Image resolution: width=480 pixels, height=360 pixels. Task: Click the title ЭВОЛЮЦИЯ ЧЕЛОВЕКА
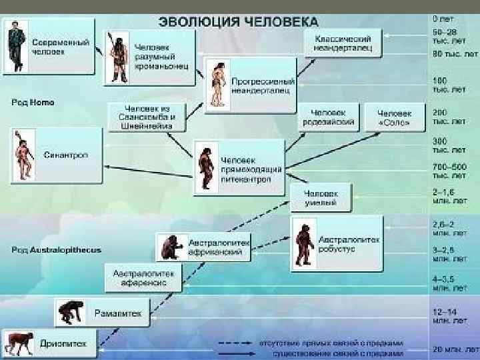(x=238, y=21)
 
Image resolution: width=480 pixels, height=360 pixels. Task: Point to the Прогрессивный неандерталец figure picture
(x=217, y=83)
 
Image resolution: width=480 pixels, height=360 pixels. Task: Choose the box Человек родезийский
(x=329, y=117)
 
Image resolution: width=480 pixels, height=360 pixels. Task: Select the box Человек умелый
(x=319, y=197)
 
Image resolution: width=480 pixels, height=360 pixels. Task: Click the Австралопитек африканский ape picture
(x=171, y=247)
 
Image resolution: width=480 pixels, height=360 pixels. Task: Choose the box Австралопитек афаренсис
(x=143, y=278)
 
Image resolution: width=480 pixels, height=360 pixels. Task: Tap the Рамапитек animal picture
(x=71, y=313)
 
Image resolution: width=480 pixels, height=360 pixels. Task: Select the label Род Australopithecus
(x=56, y=250)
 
